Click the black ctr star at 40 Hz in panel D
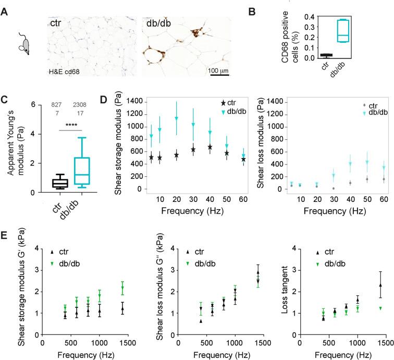click(210, 147)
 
